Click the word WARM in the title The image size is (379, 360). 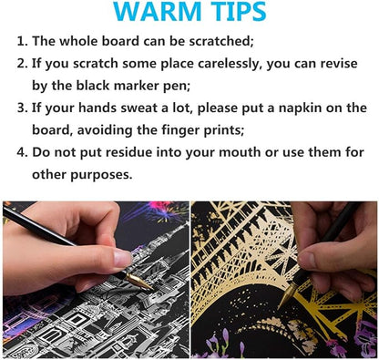click(158, 11)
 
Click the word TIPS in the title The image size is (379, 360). click(238, 11)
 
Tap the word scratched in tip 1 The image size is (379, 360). click(221, 41)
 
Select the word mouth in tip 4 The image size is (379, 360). click(240, 152)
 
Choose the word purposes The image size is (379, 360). click(101, 175)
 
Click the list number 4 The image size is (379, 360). click(22, 152)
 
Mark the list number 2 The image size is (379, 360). click(22, 64)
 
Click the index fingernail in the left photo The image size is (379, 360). click(122, 258)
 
